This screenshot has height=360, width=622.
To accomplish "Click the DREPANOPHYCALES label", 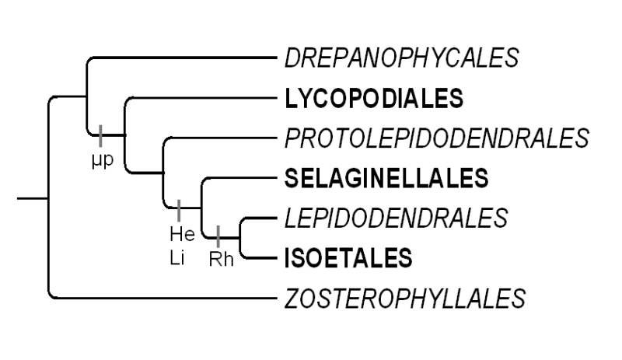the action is (x=402, y=57).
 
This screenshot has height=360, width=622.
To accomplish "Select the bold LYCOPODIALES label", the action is (x=374, y=98).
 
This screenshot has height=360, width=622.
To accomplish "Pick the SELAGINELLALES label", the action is (x=386, y=178).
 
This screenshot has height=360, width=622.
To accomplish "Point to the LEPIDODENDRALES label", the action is (x=397, y=218).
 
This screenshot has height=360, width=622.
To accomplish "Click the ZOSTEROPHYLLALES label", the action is (x=405, y=298).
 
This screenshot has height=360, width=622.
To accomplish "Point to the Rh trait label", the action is (x=221, y=259).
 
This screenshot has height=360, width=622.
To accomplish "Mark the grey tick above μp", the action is (x=100, y=135).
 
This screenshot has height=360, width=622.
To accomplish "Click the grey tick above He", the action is (x=180, y=209).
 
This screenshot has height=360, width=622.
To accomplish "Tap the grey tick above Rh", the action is (x=218, y=235).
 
